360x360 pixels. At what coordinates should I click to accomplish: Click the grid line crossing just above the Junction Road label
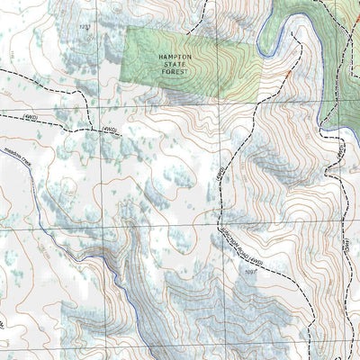click(219, 228)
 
